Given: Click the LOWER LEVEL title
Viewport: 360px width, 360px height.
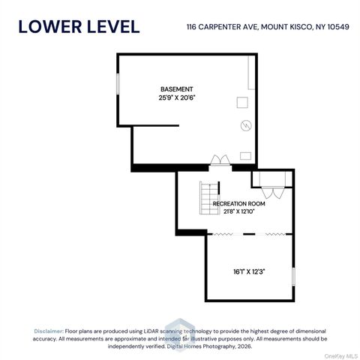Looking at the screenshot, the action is pos(79,27).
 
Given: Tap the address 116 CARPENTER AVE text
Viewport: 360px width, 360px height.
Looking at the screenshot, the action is pos(222,27).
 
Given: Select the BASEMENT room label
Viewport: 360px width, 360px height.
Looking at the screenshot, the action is pos(177,89).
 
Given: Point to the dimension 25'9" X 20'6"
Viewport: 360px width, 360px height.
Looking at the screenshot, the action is pos(177,97).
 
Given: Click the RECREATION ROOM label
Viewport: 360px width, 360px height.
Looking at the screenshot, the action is pos(238,204).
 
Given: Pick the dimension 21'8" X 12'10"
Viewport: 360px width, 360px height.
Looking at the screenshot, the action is pos(239,211).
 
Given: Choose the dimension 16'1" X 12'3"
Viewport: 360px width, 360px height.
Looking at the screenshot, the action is pos(249,271).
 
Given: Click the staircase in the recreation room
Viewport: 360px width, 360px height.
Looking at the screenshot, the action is pos(209,198).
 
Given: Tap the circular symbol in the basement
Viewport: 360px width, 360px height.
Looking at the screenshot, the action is pos(246,125).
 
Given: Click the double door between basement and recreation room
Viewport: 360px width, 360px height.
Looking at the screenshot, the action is pos(220,160).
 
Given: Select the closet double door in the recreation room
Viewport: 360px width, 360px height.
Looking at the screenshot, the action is pos(273,193).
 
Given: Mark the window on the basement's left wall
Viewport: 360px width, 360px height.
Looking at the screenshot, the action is pos(118,84).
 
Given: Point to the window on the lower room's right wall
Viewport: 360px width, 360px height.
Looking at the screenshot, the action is pos(294,277).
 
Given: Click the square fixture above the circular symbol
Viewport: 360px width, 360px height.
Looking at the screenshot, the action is pos(242,103).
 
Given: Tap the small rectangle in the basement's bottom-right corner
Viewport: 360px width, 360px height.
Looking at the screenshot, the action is pos(245,156).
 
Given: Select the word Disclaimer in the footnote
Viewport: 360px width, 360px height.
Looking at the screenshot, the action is pos(49,331).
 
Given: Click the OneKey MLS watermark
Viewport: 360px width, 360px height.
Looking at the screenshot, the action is pos(341,356).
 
